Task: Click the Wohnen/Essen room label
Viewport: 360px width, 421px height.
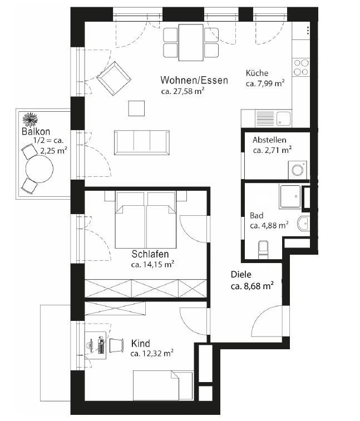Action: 194,80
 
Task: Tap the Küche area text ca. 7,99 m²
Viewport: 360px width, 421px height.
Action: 265,83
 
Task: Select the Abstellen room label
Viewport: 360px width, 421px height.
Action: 269,140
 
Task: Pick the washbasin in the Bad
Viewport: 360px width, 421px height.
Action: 303,224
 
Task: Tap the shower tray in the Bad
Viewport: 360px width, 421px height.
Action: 290,196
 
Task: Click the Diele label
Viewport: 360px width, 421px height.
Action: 241,274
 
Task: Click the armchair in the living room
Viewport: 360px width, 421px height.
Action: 114,78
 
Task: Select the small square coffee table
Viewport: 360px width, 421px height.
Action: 136,107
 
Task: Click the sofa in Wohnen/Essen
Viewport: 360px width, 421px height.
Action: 142,142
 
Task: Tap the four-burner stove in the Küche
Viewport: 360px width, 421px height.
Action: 301,67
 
